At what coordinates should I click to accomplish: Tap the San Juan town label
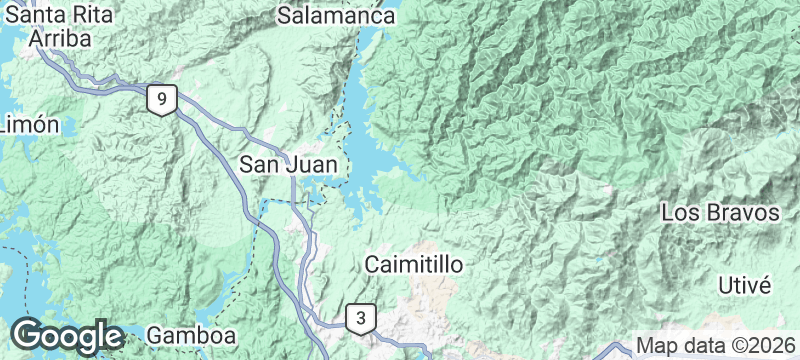click(x=292, y=164)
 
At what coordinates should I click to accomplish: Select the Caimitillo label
click(x=412, y=266)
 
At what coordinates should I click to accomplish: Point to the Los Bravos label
click(x=720, y=214)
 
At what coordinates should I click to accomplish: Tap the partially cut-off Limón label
click(x=28, y=125)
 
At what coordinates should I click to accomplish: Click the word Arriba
click(x=60, y=38)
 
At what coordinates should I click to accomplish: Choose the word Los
click(x=677, y=214)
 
